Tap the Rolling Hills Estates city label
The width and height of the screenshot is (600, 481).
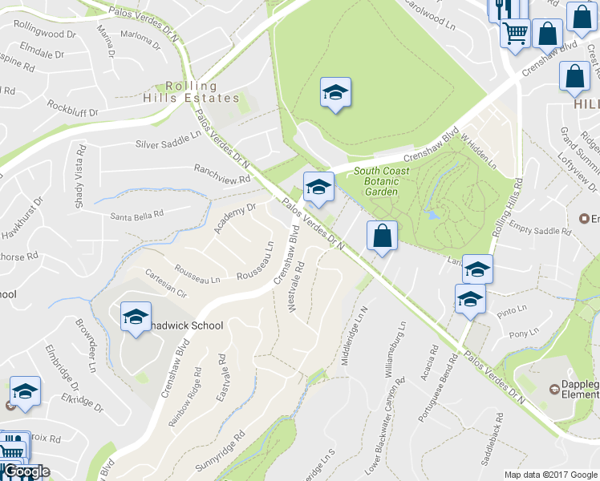(202, 92)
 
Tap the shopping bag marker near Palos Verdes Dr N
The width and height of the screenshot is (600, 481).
(382, 236)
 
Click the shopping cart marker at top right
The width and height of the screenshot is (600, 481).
(516, 34)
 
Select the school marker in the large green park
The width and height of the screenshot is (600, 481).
(335, 92)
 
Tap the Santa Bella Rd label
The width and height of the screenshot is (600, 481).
(136, 214)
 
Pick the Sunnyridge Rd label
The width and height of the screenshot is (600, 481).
(219, 452)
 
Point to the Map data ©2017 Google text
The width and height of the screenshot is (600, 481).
(550, 475)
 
